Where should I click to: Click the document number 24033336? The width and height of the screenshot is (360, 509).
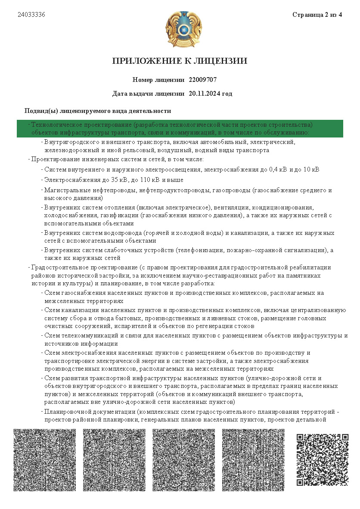point(31,15)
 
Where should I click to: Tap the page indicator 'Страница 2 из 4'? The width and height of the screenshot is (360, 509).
point(317,15)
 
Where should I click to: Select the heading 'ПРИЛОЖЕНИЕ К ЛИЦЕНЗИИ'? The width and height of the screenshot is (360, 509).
point(180,61)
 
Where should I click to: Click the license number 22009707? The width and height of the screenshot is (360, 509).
point(202,80)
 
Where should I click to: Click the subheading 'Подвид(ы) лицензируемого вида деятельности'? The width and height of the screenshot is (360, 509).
point(98,111)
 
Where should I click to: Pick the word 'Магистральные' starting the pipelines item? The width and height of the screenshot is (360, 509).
point(65,190)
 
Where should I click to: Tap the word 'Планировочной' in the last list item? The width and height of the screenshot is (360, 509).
point(65,412)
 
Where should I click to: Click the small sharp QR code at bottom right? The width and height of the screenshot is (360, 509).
point(322,460)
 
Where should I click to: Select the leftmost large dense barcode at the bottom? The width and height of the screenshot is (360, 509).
point(44,460)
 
